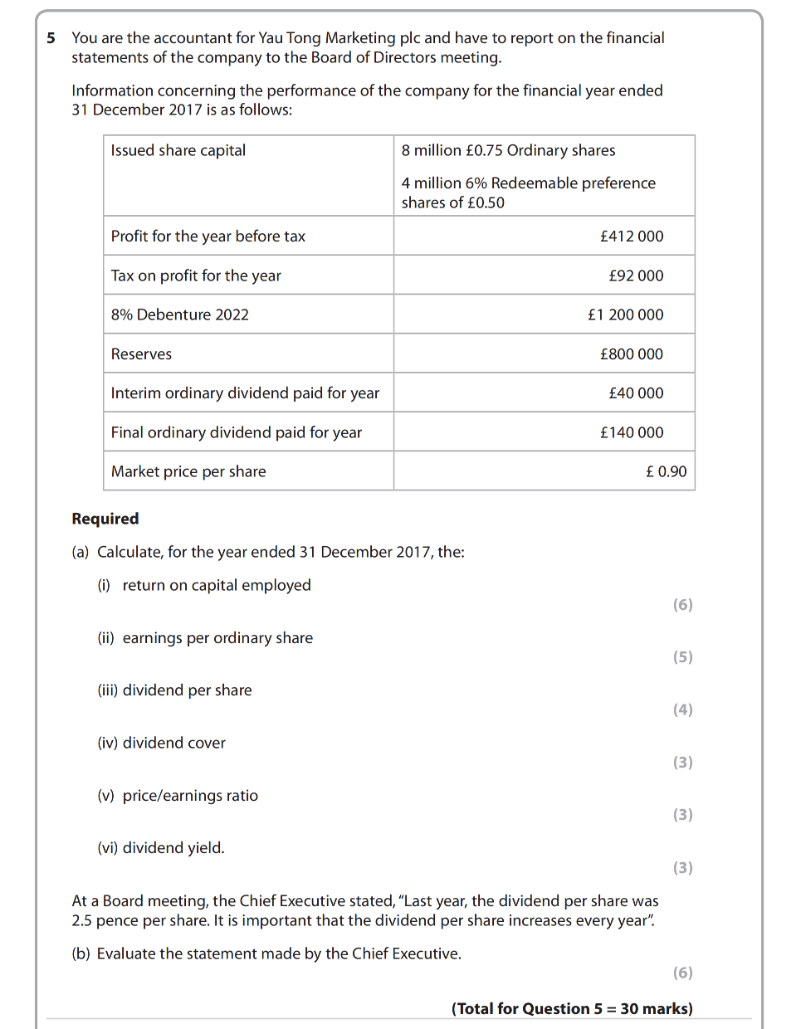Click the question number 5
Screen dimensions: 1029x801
(51, 38)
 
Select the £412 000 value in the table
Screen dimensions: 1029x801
(632, 237)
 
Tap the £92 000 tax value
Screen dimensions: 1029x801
(636, 276)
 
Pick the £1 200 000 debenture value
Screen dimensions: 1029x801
(625, 315)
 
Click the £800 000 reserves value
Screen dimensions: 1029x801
(632, 354)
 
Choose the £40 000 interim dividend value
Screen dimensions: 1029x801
(636, 393)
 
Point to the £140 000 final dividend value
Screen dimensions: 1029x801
(632, 432)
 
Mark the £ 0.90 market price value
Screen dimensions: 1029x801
(666, 471)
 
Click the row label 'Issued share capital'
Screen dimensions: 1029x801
(178, 150)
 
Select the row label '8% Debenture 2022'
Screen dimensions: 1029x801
(180, 315)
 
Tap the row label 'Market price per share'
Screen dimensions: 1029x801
(188, 471)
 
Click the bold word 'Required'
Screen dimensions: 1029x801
(105, 519)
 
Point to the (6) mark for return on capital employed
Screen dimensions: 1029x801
(682, 605)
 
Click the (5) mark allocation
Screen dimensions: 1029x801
(682, 657)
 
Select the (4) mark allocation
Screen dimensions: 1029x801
(682, 710)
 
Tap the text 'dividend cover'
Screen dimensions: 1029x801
(174, 743)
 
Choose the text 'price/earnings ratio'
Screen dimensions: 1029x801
(190, 796)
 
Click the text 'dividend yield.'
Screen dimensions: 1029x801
(173, 848)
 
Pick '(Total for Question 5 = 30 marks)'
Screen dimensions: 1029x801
(572, 1009)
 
